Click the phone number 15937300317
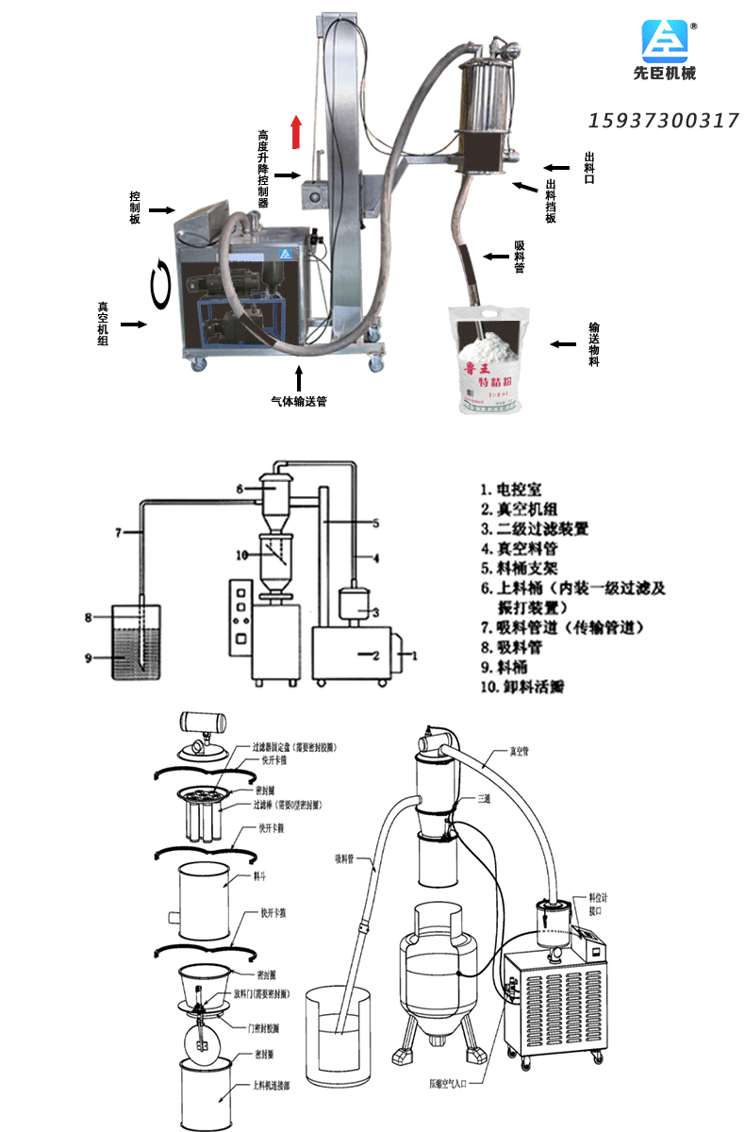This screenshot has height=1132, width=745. [x=664, y=121]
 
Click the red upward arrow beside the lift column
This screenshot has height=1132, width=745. [x=296, y=132]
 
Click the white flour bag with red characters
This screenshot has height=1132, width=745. [x=489, y=362]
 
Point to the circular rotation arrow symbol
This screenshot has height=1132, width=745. [x=163, y=280]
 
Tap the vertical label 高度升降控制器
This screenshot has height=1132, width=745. [x=264, y=169]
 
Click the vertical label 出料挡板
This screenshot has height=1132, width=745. [x=552, y=202]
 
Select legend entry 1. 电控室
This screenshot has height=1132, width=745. [x=510, y=491]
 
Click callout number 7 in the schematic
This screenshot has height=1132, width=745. [x=120, y=533]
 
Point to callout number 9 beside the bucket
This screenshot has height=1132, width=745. [x=88, y=658]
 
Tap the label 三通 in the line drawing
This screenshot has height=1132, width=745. [x=484, y=798]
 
